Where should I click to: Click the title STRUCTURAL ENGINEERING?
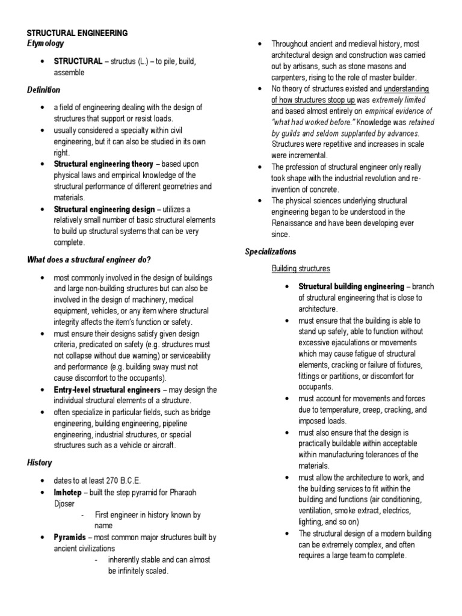[x=77, y=34]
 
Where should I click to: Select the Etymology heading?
[x=46, y=44]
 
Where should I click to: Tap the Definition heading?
[x=44, y=90]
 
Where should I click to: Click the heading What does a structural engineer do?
[x=88, y=259]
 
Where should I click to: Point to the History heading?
[x=39, y=463]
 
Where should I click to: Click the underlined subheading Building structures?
[x=300, y=268]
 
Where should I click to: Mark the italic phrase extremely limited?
[x=399, y=99]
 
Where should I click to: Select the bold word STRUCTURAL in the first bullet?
[x=78, y=61]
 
